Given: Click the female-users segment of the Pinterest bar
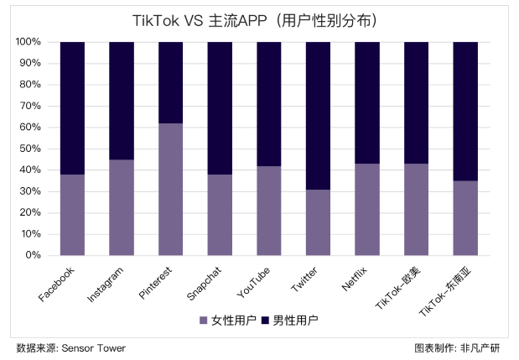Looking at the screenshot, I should (x=171, y=189).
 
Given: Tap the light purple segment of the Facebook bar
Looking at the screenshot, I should (x=72, y=214).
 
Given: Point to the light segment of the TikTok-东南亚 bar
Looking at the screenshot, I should (x=465, y=217).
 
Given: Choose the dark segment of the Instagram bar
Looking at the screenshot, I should (x=122, y=101).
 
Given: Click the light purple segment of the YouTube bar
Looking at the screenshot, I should (x=269, y=210).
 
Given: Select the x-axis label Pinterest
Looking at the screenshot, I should (x=156, y=283).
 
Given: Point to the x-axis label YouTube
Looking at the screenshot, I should (x=254, y=281).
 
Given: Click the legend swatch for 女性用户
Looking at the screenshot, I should (x=203, y=320).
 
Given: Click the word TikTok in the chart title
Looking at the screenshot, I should (x=154, y=18).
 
